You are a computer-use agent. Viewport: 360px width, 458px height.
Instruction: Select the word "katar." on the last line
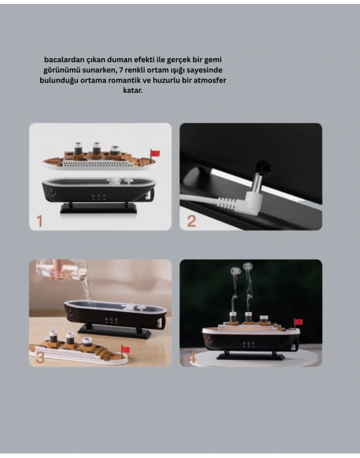(x=132, y=90)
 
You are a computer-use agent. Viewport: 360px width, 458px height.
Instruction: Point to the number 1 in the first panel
(x=39, y=221)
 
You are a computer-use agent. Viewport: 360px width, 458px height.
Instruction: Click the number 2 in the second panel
(x=191, y=220)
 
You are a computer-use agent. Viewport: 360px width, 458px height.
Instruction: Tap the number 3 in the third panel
(x=40, y=357)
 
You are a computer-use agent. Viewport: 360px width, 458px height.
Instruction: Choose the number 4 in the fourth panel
(x=192, y=358)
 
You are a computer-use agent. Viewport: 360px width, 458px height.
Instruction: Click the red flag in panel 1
(x=155, y=153)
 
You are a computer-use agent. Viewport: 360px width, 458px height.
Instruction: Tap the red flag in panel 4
(x=298, y=322)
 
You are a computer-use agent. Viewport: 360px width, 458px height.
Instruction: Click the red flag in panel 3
(x=125, y=349)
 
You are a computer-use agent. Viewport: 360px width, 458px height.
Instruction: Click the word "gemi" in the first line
(x=211, y=59)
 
